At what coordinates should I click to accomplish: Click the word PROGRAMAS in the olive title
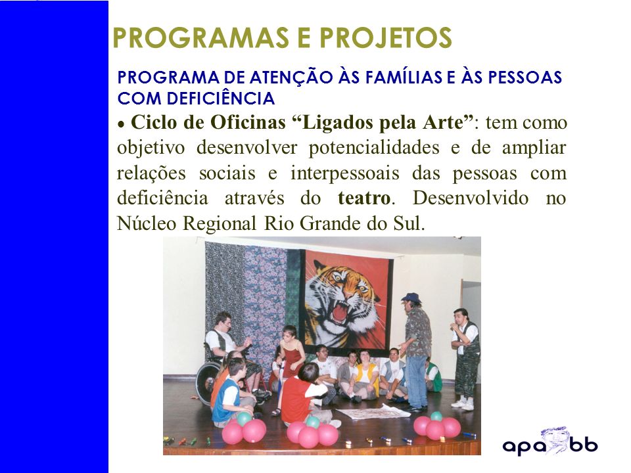coord(201,37)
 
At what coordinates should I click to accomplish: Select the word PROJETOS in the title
coord(386,37)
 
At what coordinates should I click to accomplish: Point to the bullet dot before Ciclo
coord(120,125)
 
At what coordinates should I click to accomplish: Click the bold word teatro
coord(363,198)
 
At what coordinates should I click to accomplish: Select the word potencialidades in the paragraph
coord(374,148)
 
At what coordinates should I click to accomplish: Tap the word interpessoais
coord(345,173)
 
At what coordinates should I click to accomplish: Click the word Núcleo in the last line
coord(147,223)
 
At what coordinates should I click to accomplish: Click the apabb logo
coord(550,441)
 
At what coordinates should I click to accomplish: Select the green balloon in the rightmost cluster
coord(436,417)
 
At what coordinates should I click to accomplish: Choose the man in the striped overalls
coord(466,359)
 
